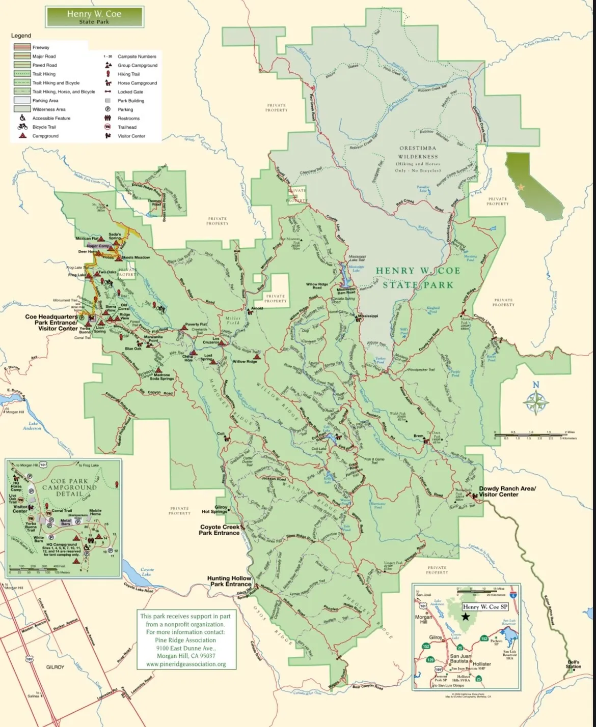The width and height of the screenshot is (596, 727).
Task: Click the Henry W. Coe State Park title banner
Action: click(94, 16)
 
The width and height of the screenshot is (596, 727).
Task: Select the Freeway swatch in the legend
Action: click(22, 47)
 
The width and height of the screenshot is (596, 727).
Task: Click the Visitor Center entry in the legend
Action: click(131, 136)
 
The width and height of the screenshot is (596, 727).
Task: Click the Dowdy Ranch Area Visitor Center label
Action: click(507, 491)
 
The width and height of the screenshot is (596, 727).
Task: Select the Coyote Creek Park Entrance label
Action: click(220, 530)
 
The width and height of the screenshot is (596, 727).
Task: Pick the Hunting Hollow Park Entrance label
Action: click(229, 581)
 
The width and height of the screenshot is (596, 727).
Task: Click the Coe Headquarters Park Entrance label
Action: click(51, 323)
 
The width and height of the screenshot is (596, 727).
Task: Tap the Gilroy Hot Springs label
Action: click(214, 509)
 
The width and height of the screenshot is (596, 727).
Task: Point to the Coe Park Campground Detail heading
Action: click(69, 487)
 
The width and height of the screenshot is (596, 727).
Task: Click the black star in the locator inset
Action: click(466, 616)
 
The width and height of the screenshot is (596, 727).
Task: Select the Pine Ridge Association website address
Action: click(185, 664)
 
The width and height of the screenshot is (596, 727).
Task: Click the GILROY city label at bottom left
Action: click(55, 667)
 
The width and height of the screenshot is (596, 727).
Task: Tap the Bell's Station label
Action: click(573, 664)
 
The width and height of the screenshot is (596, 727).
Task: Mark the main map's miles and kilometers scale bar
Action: click(535, 435)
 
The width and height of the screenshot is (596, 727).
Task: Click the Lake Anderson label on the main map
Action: click(32, 426)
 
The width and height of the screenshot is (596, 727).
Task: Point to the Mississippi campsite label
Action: click(368, 316)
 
